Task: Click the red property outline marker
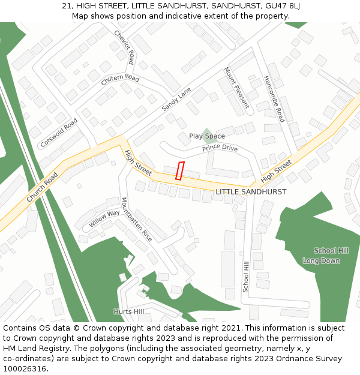(x=179, y=170)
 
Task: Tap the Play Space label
(x=207, y=136)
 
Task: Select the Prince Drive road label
(x=220, y=148)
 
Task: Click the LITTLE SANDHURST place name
(x=251, y=191)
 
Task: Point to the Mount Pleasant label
(x=236, y=87)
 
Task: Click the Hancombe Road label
(x=274, y=98)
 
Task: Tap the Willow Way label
(x=104, y=217)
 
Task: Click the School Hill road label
(x=245, y=277)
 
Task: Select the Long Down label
(x=321, y=260)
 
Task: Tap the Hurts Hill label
(x=129, y=311)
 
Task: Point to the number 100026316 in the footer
(x=25, y=369)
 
